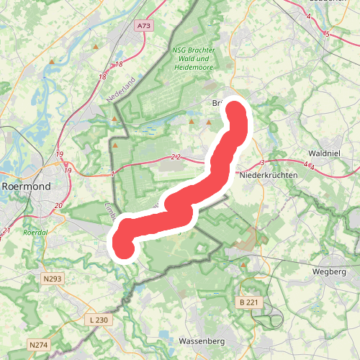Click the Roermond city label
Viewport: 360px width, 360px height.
click(x=26, y=186)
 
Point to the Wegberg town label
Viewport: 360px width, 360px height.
click(x=330, y=271)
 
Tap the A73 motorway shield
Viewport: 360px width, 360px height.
click(x=144, y=26)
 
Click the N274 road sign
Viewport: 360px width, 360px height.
click(x=39, y=345)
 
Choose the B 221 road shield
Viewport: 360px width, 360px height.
click(x=247, y=303)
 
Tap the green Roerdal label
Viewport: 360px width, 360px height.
click(x=35, y=233)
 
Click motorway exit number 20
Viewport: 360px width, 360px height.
click(x=58, y=207)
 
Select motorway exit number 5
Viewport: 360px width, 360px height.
click(x=327, y=34)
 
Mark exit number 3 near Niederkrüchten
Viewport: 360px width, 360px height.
click(x=263, y=162)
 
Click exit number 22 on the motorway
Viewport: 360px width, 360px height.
click(x=176, y=157)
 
